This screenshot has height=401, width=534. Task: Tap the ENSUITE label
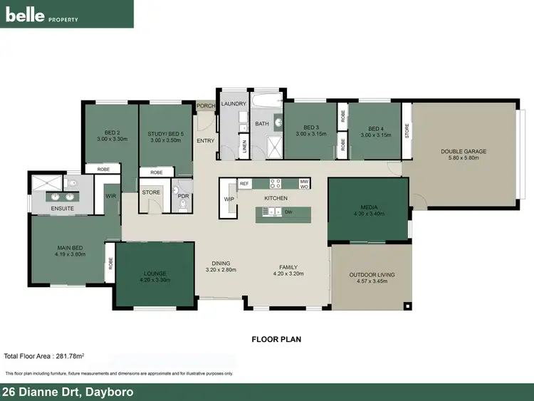[61, 208]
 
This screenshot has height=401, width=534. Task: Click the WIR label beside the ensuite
[111, 196]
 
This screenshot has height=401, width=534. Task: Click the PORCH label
[206, 106]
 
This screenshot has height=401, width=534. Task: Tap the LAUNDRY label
[234, 104]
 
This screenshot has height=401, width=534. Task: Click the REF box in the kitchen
[244, 184]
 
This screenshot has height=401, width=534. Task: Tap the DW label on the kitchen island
[288, 212]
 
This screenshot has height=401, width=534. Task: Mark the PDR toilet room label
[183, 196]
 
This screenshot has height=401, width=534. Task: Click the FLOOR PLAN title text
[276, 339]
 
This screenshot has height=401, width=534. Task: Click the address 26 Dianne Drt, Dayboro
[68, 392]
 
